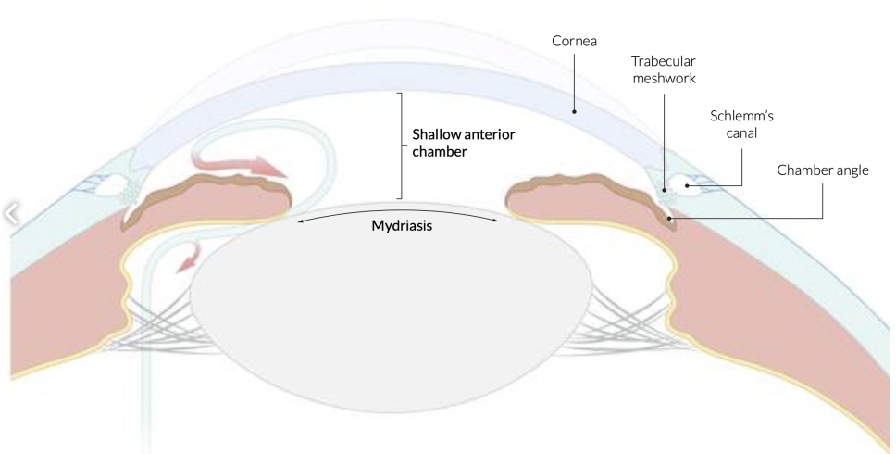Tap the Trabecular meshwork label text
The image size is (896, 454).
point(664,69)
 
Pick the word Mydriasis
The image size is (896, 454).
point(398,225)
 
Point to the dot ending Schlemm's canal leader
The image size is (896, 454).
point(686,185)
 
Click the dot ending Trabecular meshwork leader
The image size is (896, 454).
point(664,189)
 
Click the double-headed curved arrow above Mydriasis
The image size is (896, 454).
point(398,212)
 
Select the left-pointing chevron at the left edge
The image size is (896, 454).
point(11,215)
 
